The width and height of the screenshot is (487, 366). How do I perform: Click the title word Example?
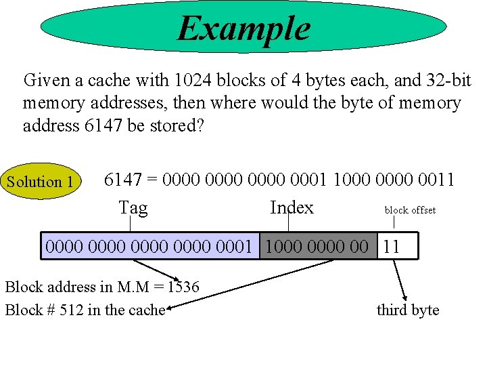click(x=243, y=28)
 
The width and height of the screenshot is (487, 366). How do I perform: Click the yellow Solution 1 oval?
click(x=41, y=182)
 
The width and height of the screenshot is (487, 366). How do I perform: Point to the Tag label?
click(x=133, y=207)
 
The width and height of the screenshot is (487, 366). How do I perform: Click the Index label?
click(x=292, y=207)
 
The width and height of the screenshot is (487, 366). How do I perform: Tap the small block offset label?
click(x=410, y=210)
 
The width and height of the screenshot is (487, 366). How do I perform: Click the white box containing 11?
click(x=397, y=247)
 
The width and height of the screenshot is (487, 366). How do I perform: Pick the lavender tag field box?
click(x=152, y=247)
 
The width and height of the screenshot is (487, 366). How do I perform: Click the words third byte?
click(x=408, y=310)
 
